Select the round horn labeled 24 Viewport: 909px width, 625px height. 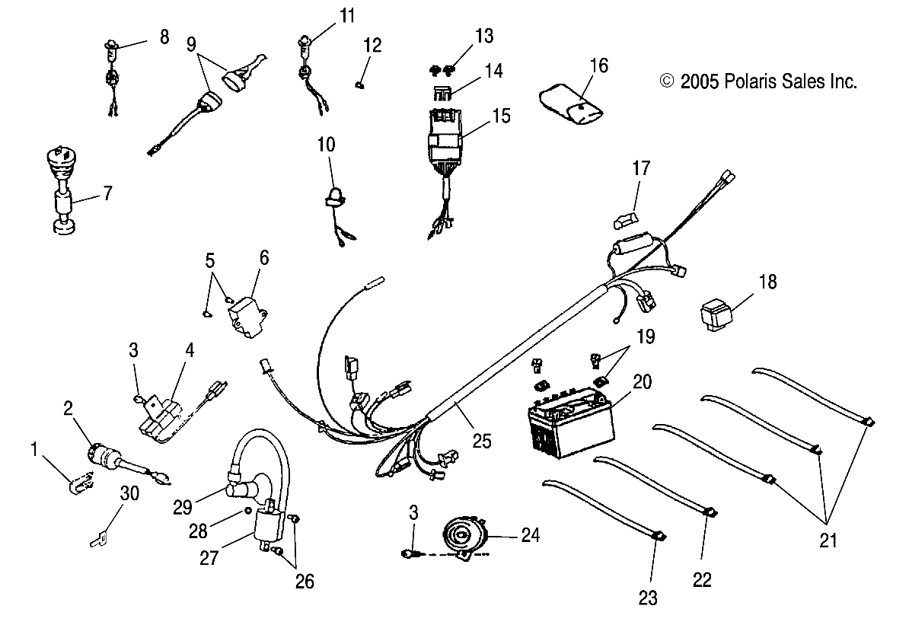click(461, 536)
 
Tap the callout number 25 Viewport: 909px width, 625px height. click(481, 440)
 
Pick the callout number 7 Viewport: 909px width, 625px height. click(107, 194)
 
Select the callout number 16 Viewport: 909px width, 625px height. click(599, 65)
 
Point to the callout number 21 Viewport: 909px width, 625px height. click(828, 541)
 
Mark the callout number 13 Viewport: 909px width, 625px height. click(484, 36)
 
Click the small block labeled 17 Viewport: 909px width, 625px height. click(622, 221)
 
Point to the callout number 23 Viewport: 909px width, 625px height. click(647, 598)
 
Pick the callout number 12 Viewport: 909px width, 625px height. click(372, 46)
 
